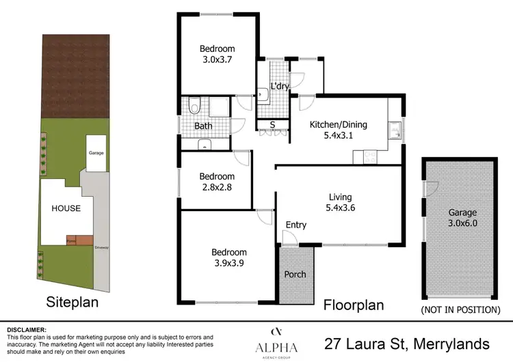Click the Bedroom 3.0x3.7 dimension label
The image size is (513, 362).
tap(217, 60)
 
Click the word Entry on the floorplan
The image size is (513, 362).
tap(296, 225)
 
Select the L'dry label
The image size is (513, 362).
tap(280, 87)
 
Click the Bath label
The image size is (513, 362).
tap(203, 126)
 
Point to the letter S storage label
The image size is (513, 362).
tap(272, 124)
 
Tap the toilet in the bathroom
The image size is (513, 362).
tap(195, 107)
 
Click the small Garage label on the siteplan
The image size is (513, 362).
tap(96, 153)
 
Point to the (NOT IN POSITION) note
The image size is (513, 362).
tap(460, 309)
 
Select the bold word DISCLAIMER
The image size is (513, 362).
tap(27, 329)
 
